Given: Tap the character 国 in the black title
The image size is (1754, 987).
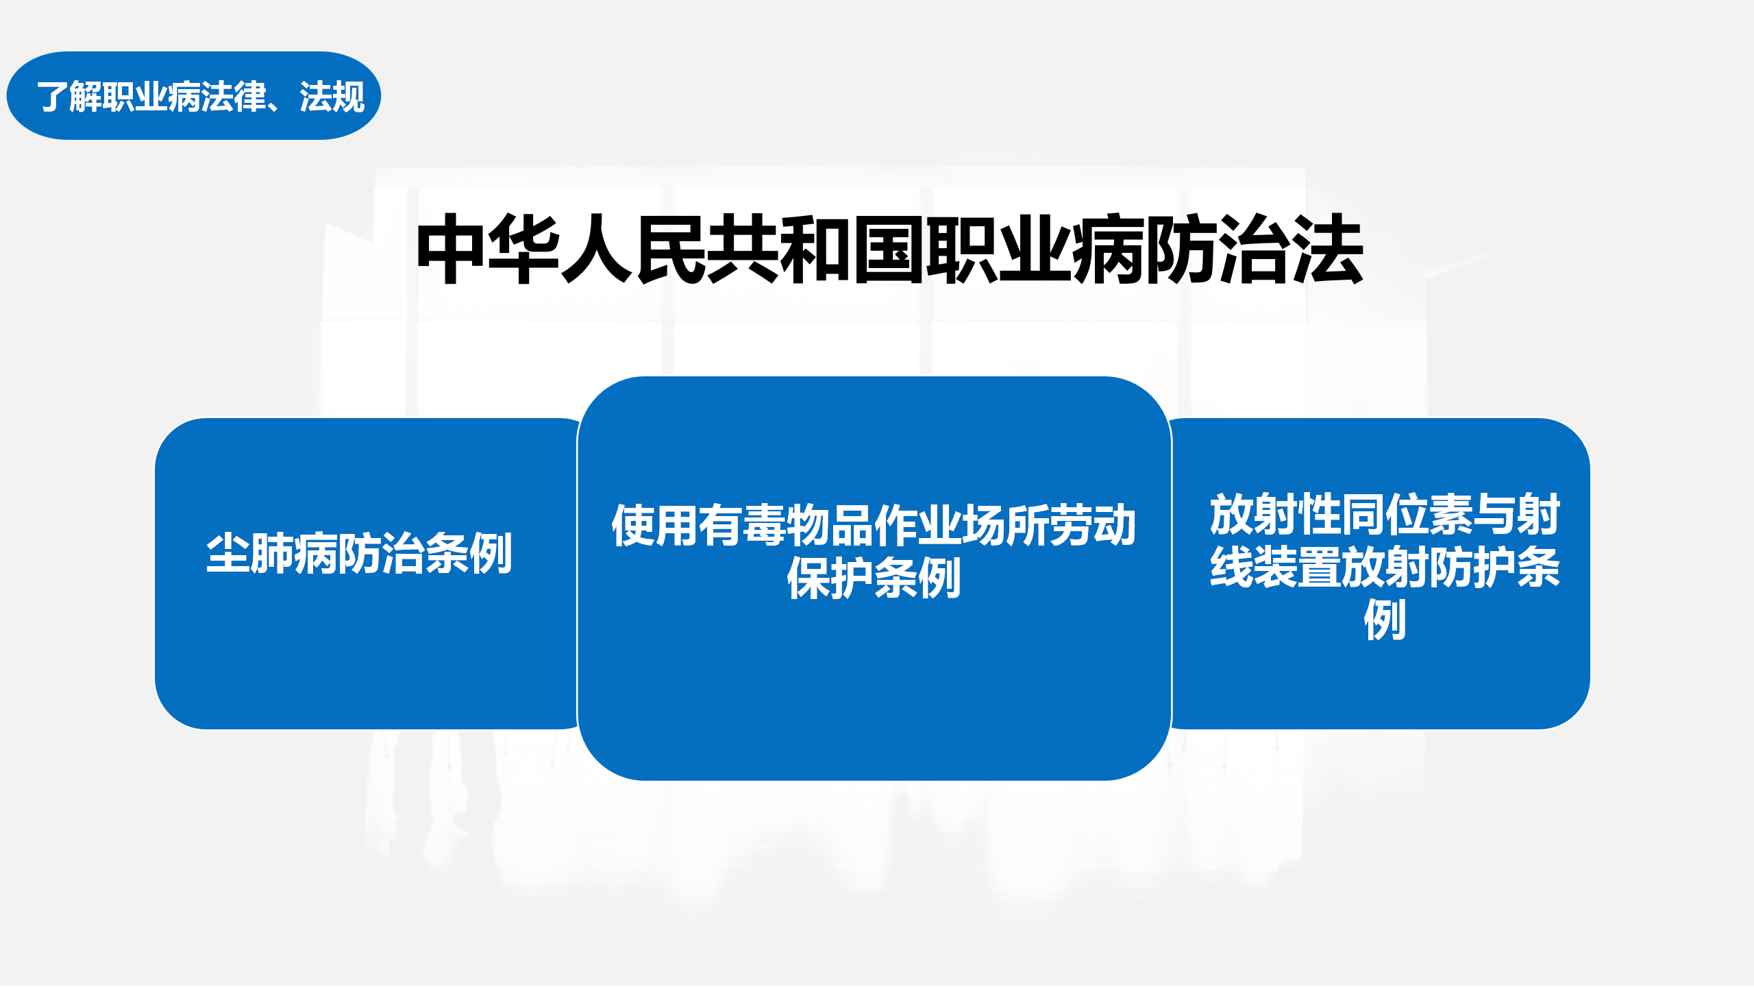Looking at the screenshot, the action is click(x=888, y=249).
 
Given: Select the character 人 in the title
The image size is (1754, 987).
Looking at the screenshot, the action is click(x=597, y=249).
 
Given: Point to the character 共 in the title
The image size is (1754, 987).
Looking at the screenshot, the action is click(x=742, y=249).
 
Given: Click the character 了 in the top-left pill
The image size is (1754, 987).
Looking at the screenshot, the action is click(x=53, y=97).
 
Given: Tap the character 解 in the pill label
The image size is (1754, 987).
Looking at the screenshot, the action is click(x=86, y=97).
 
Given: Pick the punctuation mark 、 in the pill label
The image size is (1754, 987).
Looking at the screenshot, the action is click(x=282, y=105).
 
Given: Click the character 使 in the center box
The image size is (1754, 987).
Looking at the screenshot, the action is click(x=633, y=526).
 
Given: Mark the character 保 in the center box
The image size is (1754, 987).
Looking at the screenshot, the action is click(x=808, y=578).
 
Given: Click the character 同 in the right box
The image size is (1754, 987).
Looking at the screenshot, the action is click(x=1363, y=514).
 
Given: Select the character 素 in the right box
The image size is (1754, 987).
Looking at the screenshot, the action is click(x=1450, y=514).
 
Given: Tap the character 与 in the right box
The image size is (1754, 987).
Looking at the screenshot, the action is click(x=1494, y=514).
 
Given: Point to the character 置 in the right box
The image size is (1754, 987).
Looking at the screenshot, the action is click(x=1319, y=567).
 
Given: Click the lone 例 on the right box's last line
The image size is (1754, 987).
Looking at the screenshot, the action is click(x=1385, y=620).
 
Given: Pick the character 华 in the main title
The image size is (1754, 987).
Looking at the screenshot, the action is click(x=524, y=249).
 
